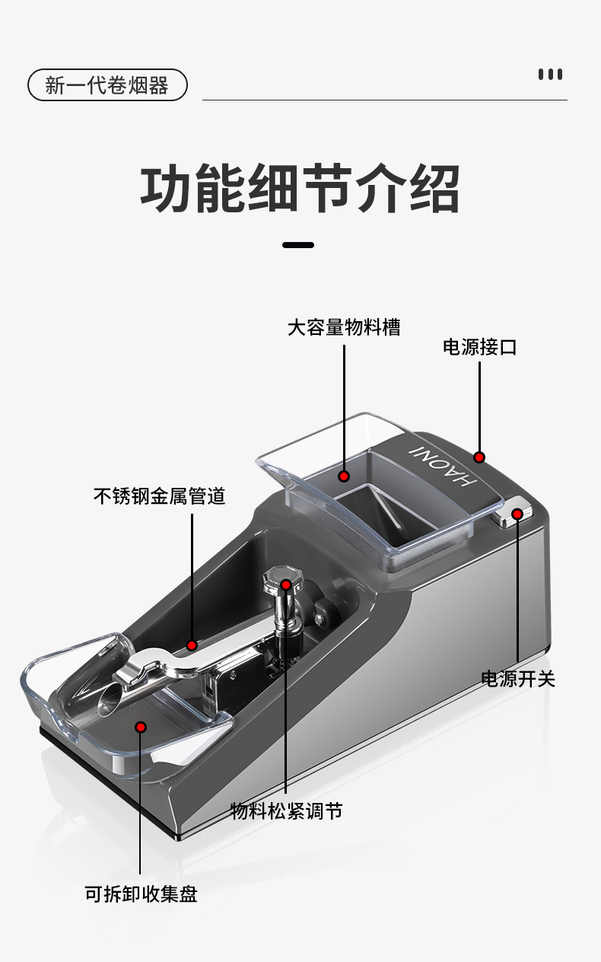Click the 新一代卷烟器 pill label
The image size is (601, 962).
coord(107,85)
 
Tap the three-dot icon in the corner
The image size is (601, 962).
coord(550,75)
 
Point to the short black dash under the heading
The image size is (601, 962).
coord(298,245)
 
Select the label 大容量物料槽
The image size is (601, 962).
coord(344,327)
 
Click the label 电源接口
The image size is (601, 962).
coord(479,347)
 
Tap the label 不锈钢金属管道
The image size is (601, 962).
coord(160,496)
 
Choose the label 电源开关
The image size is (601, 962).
coord(518,679)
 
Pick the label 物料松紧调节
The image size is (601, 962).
coord(286,811)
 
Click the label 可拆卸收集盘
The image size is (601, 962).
coord(141,894)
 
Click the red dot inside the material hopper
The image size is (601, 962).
coord(343,476)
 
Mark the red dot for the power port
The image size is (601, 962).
coord(479,457)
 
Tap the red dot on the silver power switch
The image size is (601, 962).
coord(517,514)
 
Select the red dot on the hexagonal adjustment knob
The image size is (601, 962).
coord(286,585)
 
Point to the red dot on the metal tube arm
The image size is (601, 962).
coord(192,645)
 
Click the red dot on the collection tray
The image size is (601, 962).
coord(141,727)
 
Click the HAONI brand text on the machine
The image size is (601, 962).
coord(443,467)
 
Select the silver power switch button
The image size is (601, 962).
coord(513,511)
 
